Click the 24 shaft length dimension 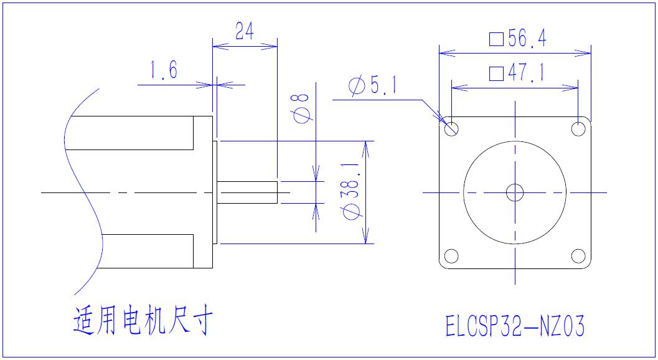pos(245,31)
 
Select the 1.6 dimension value pos(163,71)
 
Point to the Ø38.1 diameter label pos(352,191)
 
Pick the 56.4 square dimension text pos(526,39)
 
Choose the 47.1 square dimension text pos(526,74)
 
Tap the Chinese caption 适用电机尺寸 pos(143,321)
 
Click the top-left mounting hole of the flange pos(451,129)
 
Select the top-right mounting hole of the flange pos(578,129)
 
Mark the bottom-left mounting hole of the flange pos(451,256)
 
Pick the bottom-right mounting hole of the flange pos(578,256)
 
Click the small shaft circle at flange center pos(515,192)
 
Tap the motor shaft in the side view pos(247,192)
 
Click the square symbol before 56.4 pos(496,39)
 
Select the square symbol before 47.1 pos(496,75)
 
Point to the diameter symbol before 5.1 pos(357,87)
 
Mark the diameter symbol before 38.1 pos(352,211)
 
